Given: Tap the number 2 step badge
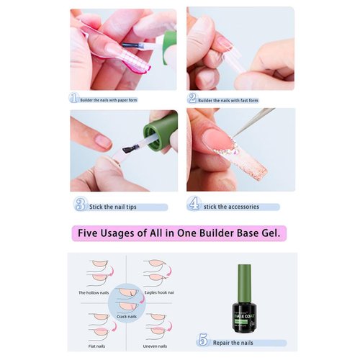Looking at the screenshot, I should [x=192, y=98].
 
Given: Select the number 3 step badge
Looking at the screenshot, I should [x=80, y=206].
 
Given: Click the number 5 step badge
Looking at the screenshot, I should [x=202, y=341].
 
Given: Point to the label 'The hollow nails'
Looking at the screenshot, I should [x=94, y=294].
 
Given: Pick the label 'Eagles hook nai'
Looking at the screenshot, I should [x=160, y=294].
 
